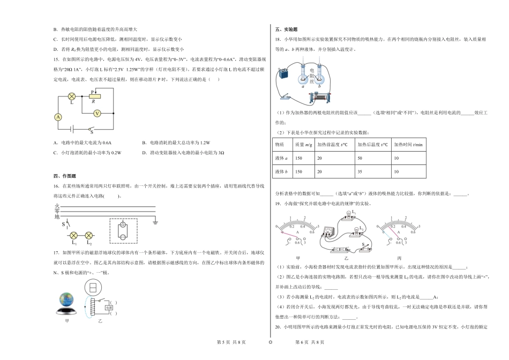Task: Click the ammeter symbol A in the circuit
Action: coord(59,116)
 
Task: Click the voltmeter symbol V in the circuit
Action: coord(97,113)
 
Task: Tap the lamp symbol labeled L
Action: coord(72,97)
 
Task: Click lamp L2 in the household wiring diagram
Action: coord(89,235)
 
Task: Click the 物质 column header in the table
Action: coord(280,145)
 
